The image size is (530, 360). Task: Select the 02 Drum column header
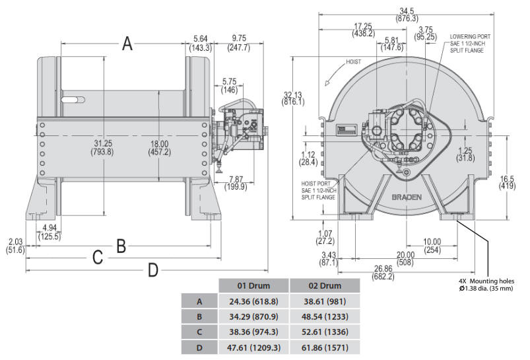[x=325, y=286]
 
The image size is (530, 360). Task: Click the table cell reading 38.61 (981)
[x=325, y=301]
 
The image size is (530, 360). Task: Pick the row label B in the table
[x=199, y=316]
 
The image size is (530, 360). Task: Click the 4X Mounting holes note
[x=486, y=285]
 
